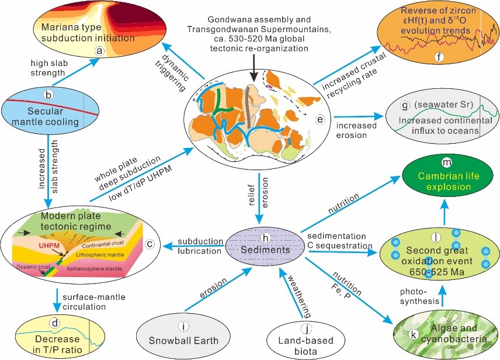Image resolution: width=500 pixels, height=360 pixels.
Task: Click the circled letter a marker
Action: [99, 51]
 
